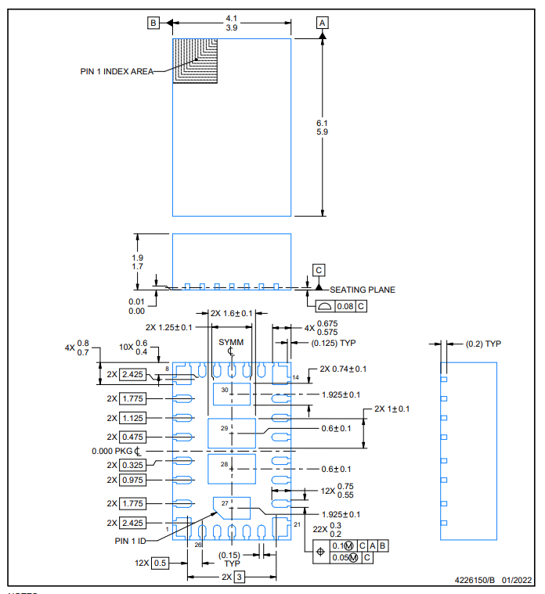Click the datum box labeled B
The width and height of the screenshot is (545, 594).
click(x=153, y=23)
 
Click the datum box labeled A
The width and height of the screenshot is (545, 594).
click(x=322, y=23)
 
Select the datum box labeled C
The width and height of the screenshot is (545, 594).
click(x=319, y=270)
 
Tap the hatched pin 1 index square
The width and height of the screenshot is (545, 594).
click(x=195, y=60)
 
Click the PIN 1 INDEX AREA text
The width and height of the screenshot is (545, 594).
click(x=117, y=71)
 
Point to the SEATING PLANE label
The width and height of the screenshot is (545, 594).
click(x=363, y=290)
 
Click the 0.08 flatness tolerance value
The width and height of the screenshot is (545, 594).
click(x=345, y=306)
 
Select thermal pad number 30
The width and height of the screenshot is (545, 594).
click(x=232, y=394)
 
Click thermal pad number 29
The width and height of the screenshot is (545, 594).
click(x=232, y=434)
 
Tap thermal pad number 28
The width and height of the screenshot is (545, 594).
click(x=232, y=469)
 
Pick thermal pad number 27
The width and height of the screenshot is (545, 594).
click(x=232, y=508)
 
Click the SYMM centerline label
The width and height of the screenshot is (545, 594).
click(x=231, y=342)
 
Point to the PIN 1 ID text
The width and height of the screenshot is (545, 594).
click(x=130, y=541)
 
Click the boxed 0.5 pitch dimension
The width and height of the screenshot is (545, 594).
click(x=160, y=563)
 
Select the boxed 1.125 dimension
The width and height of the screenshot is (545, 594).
click(x=132, y=418)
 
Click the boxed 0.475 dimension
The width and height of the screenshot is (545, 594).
click(x=132, y=437)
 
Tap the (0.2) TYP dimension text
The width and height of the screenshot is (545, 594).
click(x=483, y=344)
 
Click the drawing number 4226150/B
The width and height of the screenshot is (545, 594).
click(x=475, y=581)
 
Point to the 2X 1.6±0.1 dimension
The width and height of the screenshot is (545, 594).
click(x=232, y=313)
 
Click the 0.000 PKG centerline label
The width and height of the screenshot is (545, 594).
click(x=116, y=452)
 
